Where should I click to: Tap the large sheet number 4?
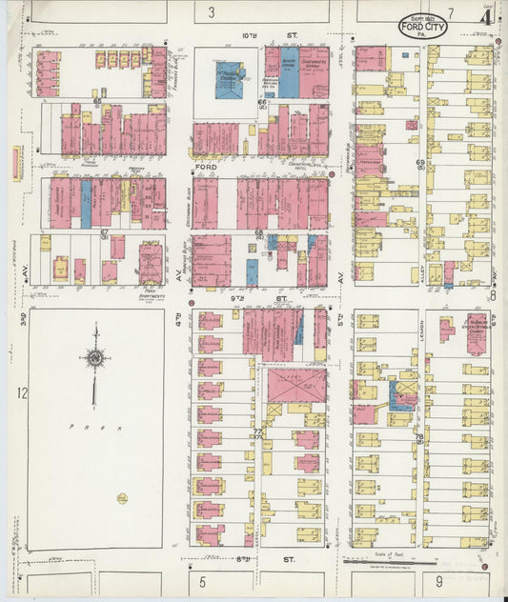[486, 16]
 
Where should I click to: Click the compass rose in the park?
[94, 358]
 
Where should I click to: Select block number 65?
[97, 100]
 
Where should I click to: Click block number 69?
[419, 164]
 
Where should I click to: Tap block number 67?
[105, 232]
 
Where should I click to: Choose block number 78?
[419, 436]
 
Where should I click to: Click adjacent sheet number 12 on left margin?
[20, 392]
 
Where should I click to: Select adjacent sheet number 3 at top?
[212, 11]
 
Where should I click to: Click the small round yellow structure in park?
[122, 497]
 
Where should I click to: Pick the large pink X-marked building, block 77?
[295, 387]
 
